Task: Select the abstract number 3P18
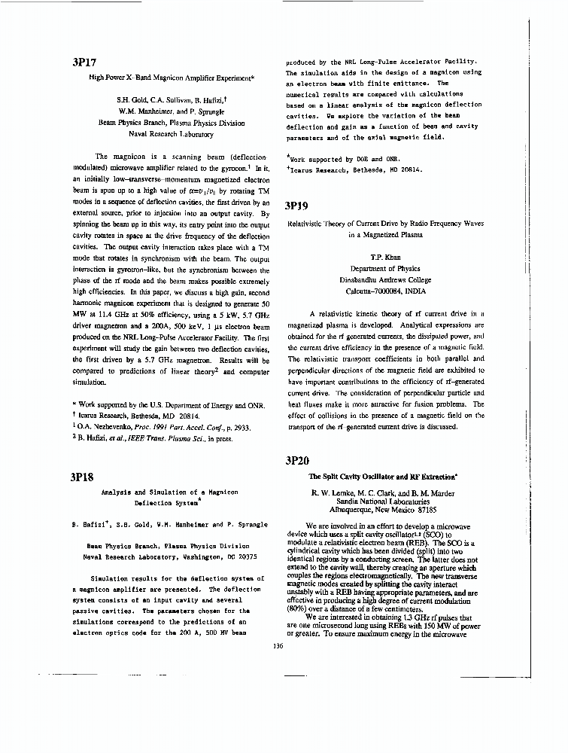pyautogui.click(x=81, y=477)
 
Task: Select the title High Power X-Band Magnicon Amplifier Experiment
pyautogui.click(x=172, y=77)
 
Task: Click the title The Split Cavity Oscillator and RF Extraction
pyautogui.click(x=384, y=477)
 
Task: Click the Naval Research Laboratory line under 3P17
pyautogui.click(x=172, y=134)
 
